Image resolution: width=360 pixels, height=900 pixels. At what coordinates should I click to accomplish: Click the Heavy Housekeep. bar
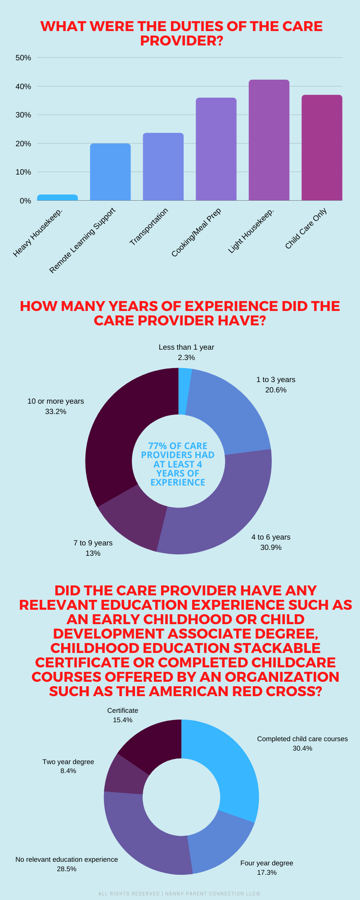(57, 198)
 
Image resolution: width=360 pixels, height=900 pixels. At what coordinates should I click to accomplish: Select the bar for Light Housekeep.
(269, 140)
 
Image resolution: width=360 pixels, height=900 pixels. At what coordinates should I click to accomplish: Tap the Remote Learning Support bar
(110, 172)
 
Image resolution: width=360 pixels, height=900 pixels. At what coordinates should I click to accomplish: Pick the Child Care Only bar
(322, 148)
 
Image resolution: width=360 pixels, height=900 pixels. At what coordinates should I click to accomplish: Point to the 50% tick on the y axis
(23, 58)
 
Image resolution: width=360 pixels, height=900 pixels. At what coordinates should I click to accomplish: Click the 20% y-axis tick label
(23, 144)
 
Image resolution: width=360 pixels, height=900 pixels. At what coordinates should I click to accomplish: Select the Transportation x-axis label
(149, 227)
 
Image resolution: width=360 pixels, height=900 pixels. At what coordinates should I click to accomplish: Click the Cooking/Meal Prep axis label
(196, 232)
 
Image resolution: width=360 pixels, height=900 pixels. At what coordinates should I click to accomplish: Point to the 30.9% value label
(271, 547)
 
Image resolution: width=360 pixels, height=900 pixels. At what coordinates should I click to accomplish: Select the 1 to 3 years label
(276, 380)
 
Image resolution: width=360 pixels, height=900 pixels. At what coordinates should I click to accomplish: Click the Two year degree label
(68, 762)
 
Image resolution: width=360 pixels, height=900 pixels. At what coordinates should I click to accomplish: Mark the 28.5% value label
(67, 869)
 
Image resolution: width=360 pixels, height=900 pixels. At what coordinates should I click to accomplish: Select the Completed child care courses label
(302, 739)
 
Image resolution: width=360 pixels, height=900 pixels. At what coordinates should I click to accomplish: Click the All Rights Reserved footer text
(180, 893)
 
